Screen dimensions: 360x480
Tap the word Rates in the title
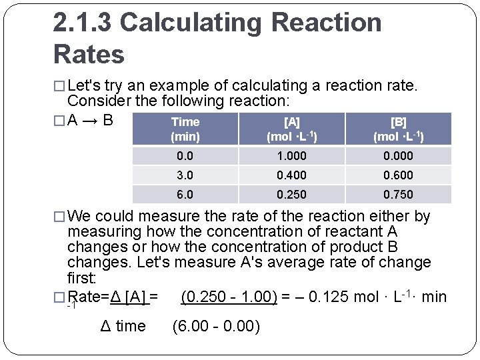tap(89, 54)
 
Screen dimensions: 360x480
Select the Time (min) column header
tap(185, 129)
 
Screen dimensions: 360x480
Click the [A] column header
tap(291, 129)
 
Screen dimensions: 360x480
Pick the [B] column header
tap(398, 129)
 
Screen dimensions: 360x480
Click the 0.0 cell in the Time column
tap(185, 156)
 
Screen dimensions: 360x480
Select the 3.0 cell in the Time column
tap(185, 175)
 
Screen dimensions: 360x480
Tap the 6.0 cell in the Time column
tap(185, 195)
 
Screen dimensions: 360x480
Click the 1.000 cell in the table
tap(291, 156)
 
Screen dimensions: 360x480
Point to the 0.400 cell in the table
tap(291, 175)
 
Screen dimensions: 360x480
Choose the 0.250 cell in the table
tap(291, 195)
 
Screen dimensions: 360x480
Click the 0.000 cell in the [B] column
tap(398, 156)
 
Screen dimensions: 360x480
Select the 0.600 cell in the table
tap(398, 175)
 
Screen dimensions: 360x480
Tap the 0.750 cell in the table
tap(398, 195)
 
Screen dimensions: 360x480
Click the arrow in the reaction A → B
tap(90, 122)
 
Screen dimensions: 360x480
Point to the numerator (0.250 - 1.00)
tap(229, 297)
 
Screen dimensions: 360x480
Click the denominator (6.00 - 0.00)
tap(216, 327)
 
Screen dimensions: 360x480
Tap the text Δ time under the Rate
tap(122, 327)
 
